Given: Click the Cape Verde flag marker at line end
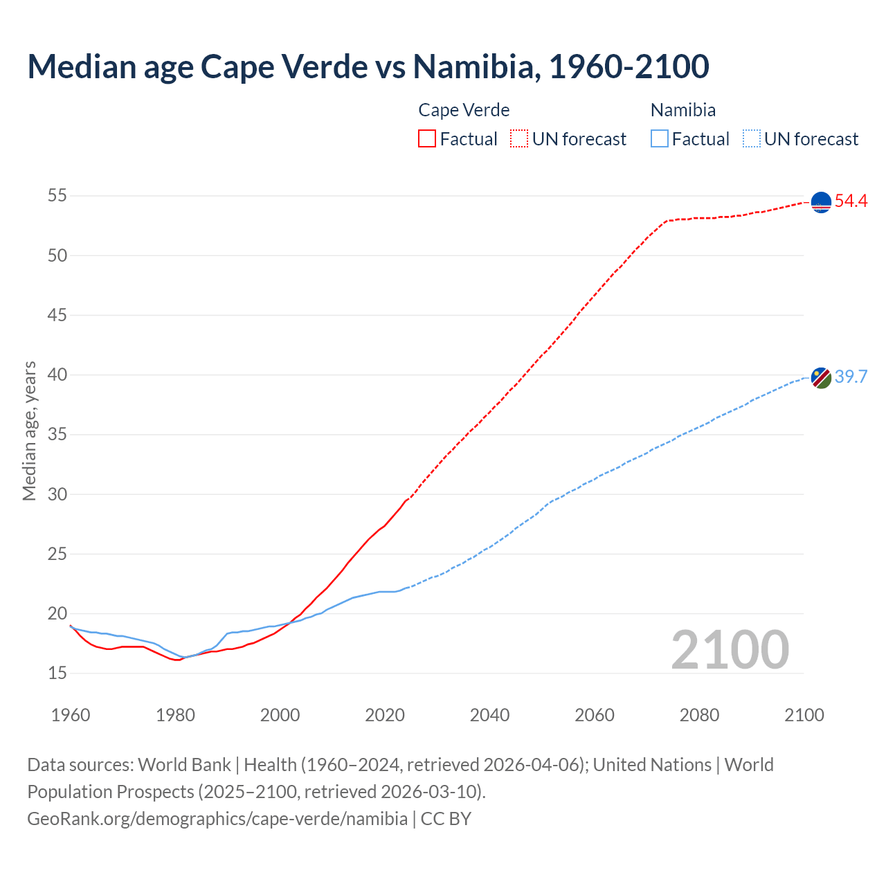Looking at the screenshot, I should coord(821,202).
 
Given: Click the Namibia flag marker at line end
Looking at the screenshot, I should coord(821,378).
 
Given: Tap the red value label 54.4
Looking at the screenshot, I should coord(851,201).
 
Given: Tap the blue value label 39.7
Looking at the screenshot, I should coord(851,377).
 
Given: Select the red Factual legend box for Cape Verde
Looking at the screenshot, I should coord(427,138).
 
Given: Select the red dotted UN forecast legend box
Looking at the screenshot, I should coord(519,138).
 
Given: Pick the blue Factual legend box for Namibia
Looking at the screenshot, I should coord(660,138).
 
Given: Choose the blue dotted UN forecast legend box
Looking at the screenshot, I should coord(752,138).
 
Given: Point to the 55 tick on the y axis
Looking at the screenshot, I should coord(57,196).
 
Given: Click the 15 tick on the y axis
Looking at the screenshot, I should coord(57,673).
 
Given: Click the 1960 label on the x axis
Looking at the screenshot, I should coord(71,715).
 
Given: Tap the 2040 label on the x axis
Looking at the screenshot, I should coord(489,715).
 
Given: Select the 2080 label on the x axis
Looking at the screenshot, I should coord(699,715).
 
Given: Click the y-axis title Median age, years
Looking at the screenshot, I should coord(29,431).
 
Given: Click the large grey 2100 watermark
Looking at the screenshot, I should coord(730,649).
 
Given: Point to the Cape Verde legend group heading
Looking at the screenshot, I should coord(464,110).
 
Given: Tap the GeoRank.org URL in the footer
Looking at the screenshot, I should coord(217,819).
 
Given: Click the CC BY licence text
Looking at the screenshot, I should coord(446,819).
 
